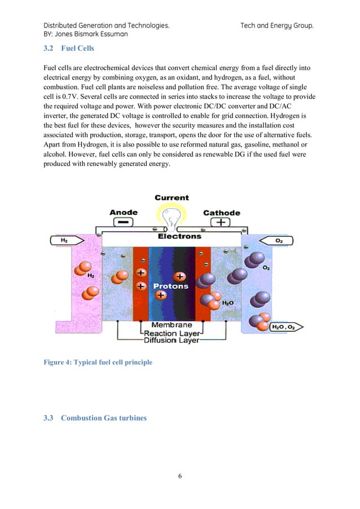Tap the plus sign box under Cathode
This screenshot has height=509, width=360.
tap(221, 222)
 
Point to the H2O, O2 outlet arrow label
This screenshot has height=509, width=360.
tap(285, 327)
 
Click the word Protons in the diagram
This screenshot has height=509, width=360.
tap(172, 286)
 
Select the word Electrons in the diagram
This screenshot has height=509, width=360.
tap(179, 236)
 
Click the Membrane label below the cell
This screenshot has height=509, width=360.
tap(172, 325)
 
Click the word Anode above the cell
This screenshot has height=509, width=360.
tap(123, 213)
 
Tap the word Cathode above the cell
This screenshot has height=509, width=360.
tap(221, 213)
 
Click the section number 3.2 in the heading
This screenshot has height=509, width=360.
tap(49, 49)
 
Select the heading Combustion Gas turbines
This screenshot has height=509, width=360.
tap(103, 418)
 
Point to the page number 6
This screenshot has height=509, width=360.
tap(179, 477)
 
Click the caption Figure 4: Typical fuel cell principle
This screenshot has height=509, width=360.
tap(98, 362)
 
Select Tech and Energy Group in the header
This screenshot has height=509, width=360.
tap(276, 25)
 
